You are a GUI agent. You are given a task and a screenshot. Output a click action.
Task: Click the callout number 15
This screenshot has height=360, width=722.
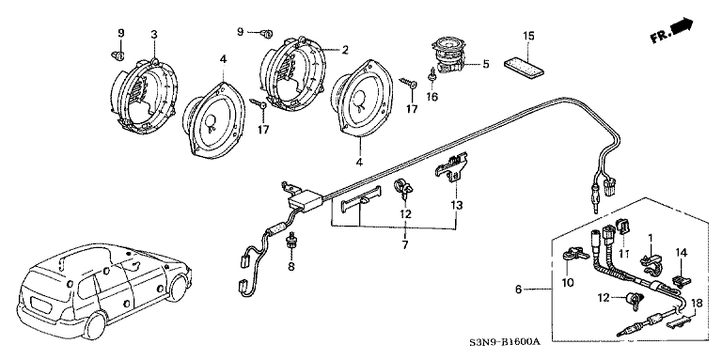(528, 36)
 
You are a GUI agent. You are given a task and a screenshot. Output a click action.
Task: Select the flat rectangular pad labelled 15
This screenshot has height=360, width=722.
(524, 66)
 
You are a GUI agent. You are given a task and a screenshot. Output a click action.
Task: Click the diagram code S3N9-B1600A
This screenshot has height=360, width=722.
(504, 342)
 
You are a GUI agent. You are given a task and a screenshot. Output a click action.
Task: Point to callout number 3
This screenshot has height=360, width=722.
(154, 34)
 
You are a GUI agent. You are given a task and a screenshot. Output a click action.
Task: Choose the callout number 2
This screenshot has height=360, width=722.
(344, 50)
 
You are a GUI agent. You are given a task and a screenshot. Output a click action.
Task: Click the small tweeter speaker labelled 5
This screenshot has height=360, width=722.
(449, 56)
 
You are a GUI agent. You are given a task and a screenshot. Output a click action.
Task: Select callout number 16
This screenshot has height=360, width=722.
(432, 97)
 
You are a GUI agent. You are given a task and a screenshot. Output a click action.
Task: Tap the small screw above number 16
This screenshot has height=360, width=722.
(432, 75)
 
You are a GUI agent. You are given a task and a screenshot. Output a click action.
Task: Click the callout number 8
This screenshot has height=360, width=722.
(291, 266)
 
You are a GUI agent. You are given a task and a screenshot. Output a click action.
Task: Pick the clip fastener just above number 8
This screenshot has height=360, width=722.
(290, 242)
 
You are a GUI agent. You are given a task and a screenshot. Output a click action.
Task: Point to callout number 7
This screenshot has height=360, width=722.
(405, 245)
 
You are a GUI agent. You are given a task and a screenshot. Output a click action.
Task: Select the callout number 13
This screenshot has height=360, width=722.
(457, 205)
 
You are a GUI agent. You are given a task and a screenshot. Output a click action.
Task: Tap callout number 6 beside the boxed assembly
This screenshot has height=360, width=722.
(519, 290)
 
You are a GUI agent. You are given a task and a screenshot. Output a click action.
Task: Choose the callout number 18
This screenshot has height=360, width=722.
(698, 304)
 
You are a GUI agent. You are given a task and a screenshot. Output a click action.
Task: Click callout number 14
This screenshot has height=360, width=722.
(681, 252)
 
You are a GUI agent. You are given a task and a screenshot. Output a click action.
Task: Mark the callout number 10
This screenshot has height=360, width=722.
(568, 283)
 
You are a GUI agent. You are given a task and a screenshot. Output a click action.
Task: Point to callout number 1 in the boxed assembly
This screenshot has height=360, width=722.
(651, 238)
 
